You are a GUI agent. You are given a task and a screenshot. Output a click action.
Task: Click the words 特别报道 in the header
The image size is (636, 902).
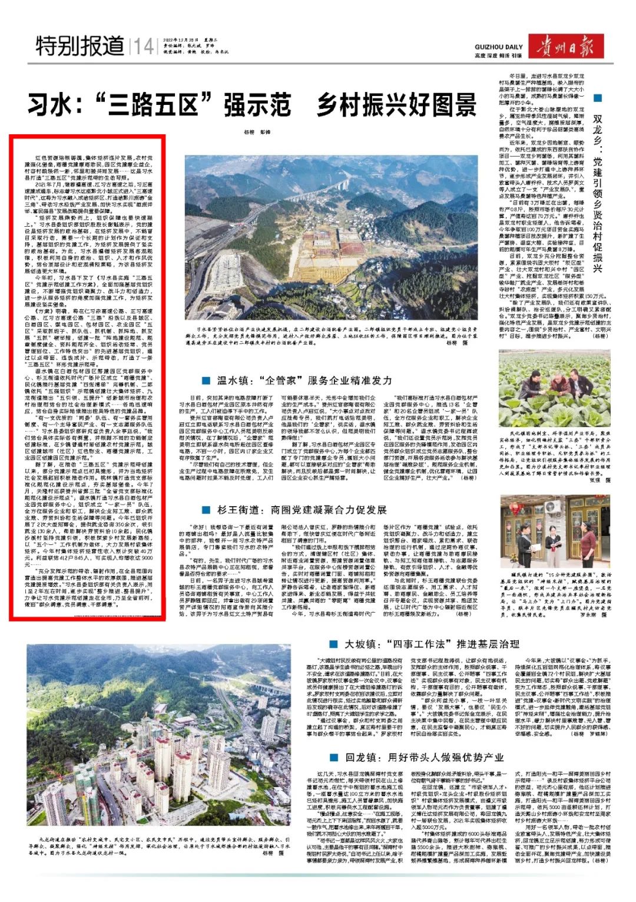click(x=80, y=45)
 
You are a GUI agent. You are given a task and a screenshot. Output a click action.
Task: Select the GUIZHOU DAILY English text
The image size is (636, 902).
click(x=498, y=47)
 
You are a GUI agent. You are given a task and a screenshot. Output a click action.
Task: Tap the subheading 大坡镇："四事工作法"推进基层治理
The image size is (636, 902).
click(x=432, y=644)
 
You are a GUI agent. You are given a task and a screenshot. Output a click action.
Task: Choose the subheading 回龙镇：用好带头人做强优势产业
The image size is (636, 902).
click(x=424, y=757)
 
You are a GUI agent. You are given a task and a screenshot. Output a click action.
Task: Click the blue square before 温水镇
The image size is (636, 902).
click(x=206, y=381)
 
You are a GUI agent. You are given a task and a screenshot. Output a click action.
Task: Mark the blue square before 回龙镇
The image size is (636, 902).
click(x=334, y=757)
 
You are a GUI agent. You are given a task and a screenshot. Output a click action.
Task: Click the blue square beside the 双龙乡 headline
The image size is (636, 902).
click(x=598, y=98)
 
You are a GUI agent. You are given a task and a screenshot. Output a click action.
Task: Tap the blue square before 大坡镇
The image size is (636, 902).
click(x=334, y=644)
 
